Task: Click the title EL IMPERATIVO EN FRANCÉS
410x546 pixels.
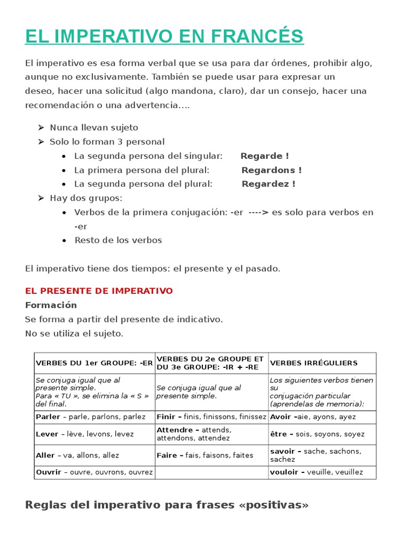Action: [x=164, y=36]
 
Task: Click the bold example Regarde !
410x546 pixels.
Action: [x=264, y=156]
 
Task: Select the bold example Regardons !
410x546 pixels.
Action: [x=271, y=170]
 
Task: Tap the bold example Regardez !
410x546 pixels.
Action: [x=268, y=184]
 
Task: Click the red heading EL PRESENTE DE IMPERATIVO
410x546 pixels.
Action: [x=99, y=291]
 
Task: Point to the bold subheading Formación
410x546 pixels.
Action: [x=51, y=305]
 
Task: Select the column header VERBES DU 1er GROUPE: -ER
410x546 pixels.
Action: [x=94, y=363]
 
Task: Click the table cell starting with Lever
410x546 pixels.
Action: [x=84, y=434]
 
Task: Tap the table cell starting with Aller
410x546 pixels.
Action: [x=77, y=455]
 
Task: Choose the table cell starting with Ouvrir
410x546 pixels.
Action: [x=94, y=472]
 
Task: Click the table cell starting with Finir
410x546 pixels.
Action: [x=211, y=417]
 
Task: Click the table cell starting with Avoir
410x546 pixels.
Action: [x=313, y=417]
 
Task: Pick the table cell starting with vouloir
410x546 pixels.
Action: [x=316, y=472]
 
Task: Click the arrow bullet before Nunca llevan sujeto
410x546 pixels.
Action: [x=41, y=127]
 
